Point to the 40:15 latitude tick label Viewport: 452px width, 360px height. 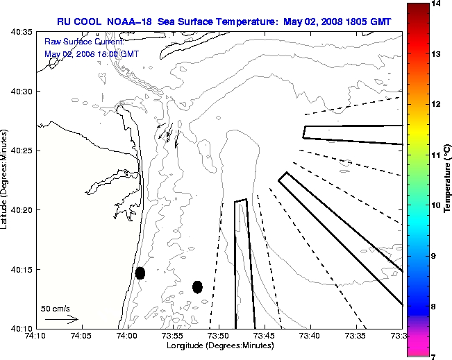click(22, 269)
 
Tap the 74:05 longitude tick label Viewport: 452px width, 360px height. click(81, 336)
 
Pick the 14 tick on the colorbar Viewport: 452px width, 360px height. click(436, 4)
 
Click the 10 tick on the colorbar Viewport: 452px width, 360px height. click(436, 205)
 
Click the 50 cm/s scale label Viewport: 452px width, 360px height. click(56, 309)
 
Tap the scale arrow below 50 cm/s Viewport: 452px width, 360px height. click(61, 320)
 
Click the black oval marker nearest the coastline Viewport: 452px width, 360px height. click(140, 273)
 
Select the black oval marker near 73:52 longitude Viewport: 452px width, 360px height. click(197, 286)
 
